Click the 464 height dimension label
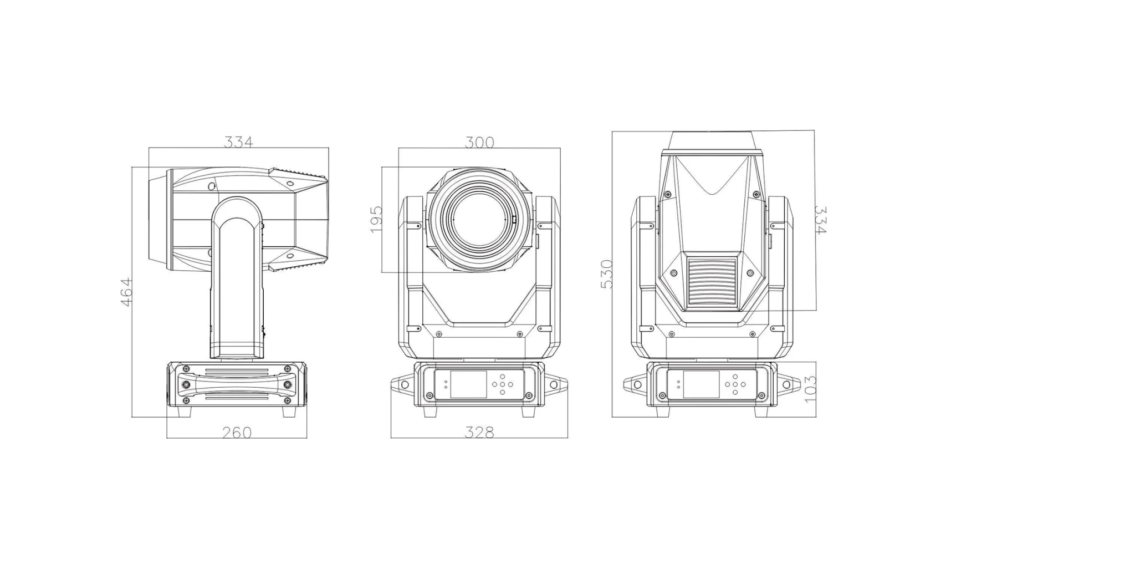[127, 292]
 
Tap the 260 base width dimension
[237, 433]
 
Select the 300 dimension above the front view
[479, 143]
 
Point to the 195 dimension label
[376, 219]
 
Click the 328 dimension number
[479, 433]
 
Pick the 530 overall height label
[607, 274]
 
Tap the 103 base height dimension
[810, 389]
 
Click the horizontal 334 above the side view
[238, 142]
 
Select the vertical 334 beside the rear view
[820, 220]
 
